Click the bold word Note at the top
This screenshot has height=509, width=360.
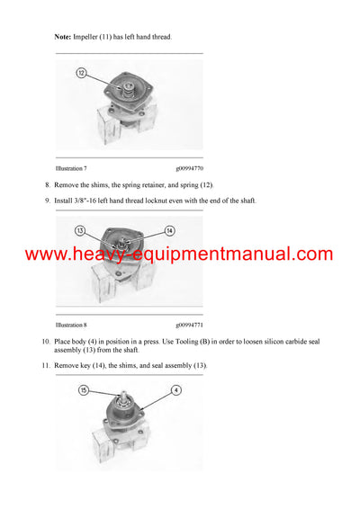(62, 37)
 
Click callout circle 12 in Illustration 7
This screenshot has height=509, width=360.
(82, 73)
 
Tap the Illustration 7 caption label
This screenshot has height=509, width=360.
(71, 168)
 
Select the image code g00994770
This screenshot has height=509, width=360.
(189, 168)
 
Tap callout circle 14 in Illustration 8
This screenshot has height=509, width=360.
(169, 231)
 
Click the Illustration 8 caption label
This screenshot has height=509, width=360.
(71, 325)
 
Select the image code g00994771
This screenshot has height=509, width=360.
(189, 325)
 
